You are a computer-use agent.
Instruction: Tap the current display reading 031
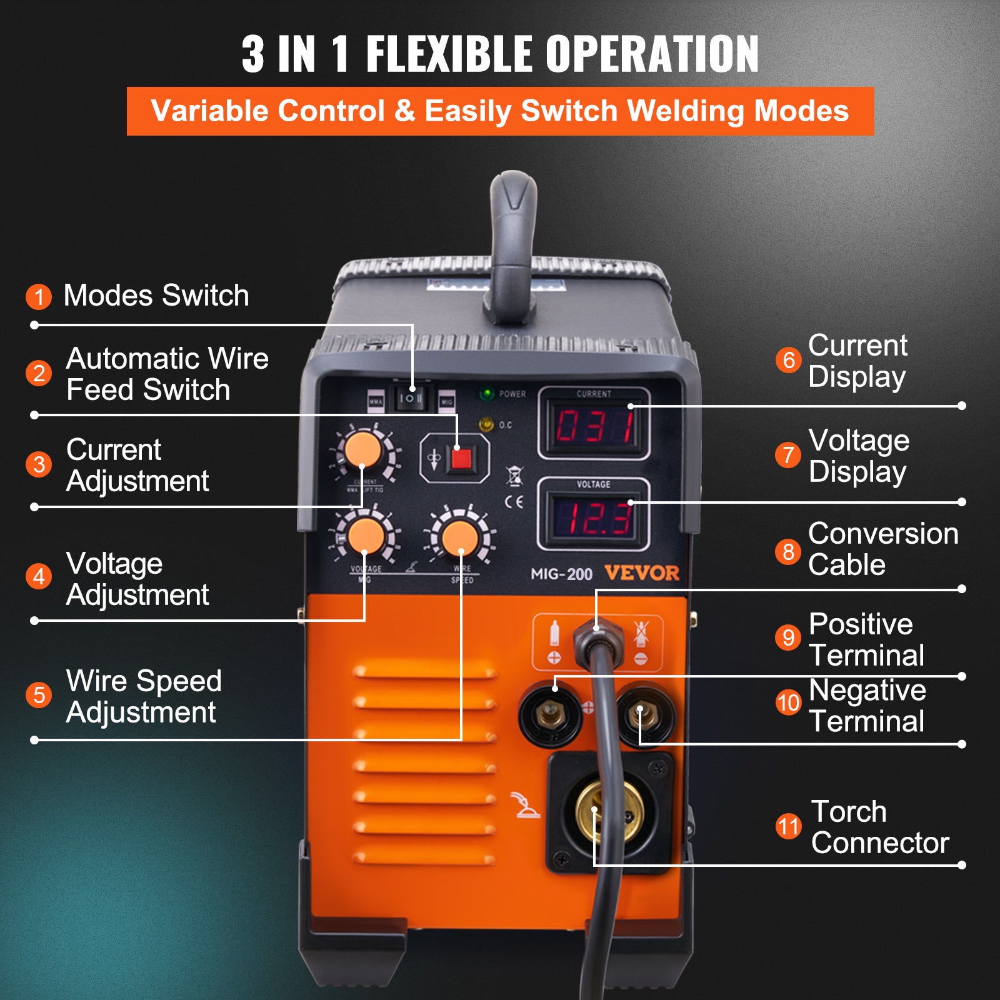point(594,427)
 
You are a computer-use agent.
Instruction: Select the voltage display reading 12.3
point(594,519)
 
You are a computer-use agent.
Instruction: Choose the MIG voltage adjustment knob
point(366,536)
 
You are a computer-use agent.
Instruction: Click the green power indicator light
point(486,394)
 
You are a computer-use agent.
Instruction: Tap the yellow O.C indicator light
point(486,425)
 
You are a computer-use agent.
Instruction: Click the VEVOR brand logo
point(641,573)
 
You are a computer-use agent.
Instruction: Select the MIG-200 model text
point(561,574)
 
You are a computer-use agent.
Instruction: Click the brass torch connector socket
point(609,811)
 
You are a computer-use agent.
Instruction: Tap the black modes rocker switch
point(411,397)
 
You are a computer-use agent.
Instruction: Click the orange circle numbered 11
point(788,826)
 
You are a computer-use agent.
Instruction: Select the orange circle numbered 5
point(39,695)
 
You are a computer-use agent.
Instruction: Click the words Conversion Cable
point(882,549)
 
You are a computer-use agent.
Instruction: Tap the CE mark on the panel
point(514,502)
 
